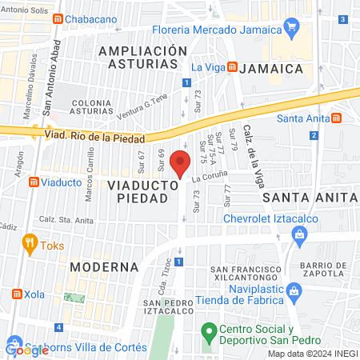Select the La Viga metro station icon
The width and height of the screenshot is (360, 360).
pyautogui.click(x=231, y=67)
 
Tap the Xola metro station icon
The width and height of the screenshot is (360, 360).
pyautogui.click(x=15, y=295)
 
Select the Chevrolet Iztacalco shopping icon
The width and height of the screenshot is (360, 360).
pyautogui.click(x=300, y=234)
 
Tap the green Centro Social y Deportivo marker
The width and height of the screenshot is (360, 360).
pyautogui.click(x=209, y=330)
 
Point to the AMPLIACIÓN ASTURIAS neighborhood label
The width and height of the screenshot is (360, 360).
pyautogui.click(x=137, y=58)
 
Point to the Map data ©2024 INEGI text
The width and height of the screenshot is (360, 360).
pyautogui.click(x=311, y=354)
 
